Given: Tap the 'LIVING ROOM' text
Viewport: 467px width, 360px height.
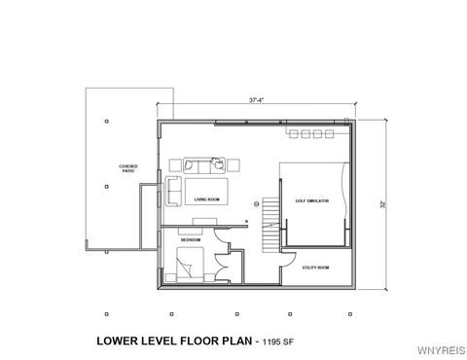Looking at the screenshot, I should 207,198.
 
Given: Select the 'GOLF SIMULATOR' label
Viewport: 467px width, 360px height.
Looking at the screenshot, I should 312,199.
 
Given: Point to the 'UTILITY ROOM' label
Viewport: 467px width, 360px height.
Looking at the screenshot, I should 316,267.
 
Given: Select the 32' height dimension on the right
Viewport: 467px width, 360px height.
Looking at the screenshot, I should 385,203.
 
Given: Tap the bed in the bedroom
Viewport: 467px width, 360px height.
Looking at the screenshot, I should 189,263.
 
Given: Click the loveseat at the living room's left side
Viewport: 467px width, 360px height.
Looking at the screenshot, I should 173,190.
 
